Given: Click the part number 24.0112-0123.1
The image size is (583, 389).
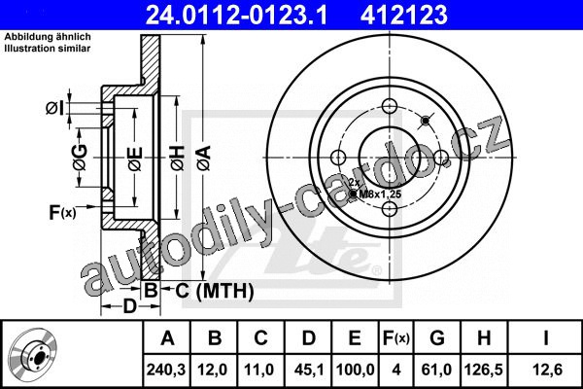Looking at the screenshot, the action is pos(236,16).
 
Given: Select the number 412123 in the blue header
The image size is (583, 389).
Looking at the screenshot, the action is pos(404,16).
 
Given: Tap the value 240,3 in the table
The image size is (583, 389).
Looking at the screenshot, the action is pos(166,370).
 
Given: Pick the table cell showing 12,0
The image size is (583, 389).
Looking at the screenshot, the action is pos(213,370).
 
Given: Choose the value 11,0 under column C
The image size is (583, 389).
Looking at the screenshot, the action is pos(259,370).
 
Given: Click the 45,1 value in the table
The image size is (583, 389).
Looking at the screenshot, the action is pos(309,370).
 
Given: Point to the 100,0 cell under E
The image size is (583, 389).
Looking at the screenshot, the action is pos(355,370).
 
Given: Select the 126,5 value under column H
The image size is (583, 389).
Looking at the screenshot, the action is pos(484,370).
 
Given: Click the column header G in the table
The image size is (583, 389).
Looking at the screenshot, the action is pos(437,338).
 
